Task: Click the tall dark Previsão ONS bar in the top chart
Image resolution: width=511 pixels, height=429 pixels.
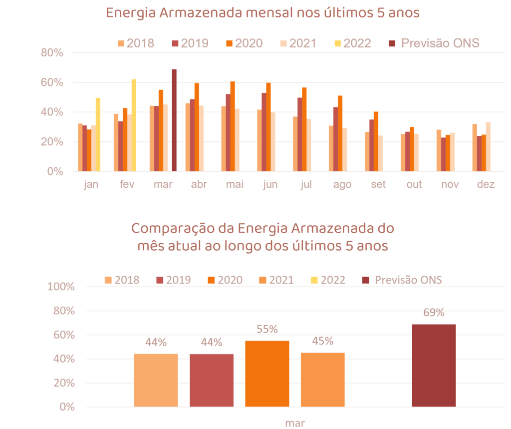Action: pos(174,120)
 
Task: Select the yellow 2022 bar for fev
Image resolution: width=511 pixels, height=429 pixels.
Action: pos(134,125)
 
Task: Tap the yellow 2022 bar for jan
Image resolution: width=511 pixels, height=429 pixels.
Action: pos(98,134)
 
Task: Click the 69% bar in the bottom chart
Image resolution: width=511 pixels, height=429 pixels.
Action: pos(434,365)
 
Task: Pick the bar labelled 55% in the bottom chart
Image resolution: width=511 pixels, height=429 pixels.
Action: pos(267,374)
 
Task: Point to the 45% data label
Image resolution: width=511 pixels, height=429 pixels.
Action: pos(322,342)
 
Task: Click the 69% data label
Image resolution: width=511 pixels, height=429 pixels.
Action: pos(434,313)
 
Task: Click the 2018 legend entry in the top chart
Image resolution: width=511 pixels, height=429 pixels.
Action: pos(136,43)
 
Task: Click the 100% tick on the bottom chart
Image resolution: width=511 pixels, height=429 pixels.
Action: pos(60,287)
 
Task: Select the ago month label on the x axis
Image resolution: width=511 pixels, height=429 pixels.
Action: pos(342,184)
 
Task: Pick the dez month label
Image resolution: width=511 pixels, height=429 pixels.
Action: pos(486,184)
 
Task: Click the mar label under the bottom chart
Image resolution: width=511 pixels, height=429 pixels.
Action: pos(295,423)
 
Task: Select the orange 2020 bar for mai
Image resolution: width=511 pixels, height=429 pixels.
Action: pos(233,126)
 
